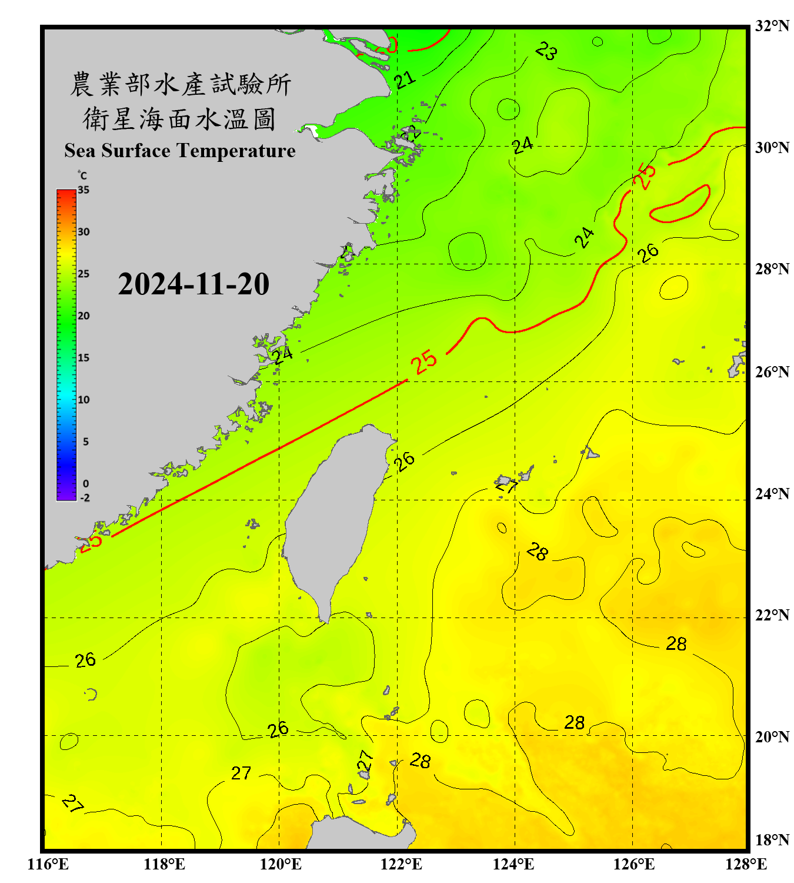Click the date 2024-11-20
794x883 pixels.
[194, 284]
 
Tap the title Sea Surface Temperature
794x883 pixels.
[179, 151]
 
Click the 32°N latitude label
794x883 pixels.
[772, 26]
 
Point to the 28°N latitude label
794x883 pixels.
[772, 268]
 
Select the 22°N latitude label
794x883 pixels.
[772, 615]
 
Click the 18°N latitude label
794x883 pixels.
[772, 840]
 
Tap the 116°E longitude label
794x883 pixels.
[48, 864]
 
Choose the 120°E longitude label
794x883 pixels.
[281, 864]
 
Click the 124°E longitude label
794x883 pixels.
[513, 864]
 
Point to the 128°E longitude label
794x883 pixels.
[746, 864]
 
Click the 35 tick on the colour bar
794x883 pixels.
[84, 190]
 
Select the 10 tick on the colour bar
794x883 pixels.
[84, 400]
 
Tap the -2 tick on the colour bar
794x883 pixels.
[85, 498]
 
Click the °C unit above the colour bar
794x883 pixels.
[82, 175]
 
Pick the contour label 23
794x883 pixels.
[546, 51]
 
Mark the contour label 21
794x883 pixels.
[405, 79]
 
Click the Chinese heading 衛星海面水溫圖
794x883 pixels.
[179, 119]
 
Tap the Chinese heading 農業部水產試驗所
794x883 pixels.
[181, 84]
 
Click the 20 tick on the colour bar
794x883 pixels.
[84, 316]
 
